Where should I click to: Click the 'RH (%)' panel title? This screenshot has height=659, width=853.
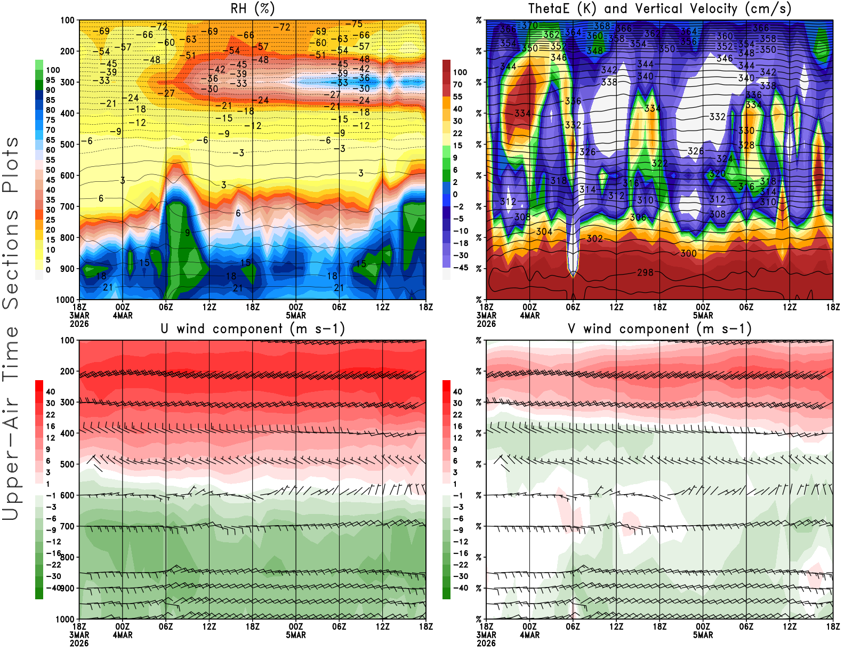pyautogui.click(x=253, y=9)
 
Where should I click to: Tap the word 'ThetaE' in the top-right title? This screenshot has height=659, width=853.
pyautogui.click(x=550, y=9)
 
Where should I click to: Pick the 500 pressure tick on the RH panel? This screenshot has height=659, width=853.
pyautogui.click(x=67, y=144)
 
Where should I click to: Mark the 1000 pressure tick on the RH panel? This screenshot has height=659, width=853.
pyautogui.click(x=65, y=300)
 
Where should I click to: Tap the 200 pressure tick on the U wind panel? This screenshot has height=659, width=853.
pyautogui.click(x=67, y=372)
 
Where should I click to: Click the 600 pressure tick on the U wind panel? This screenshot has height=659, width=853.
pyautogui.click(x=67, y=495)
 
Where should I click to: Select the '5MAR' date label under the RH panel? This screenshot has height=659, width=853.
pyautogui.click(x=296, y=316)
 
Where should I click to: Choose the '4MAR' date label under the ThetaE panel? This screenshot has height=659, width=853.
pyautogui.click(x=529, y=316)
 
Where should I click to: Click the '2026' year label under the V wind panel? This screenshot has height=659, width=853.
pyautogui.click(x=486, y=644)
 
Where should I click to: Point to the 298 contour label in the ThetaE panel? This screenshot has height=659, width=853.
pyautogui.click(x=645, y=272)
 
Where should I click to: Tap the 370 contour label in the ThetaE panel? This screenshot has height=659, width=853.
pyautogui.click(x=529, y=25)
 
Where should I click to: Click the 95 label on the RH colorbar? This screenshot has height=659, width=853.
pyautogui.click(x=51, y=80)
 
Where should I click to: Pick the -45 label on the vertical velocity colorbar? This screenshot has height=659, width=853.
pyautogui.click(x=460, y=268)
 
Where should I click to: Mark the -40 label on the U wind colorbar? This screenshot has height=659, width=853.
pyautogui.click(x=53, y=588)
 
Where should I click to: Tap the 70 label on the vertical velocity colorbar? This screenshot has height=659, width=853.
pyautogui.click(x=457, y=84)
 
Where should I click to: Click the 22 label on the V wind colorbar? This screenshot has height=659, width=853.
pyautogui.click(x=457, y=415)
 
